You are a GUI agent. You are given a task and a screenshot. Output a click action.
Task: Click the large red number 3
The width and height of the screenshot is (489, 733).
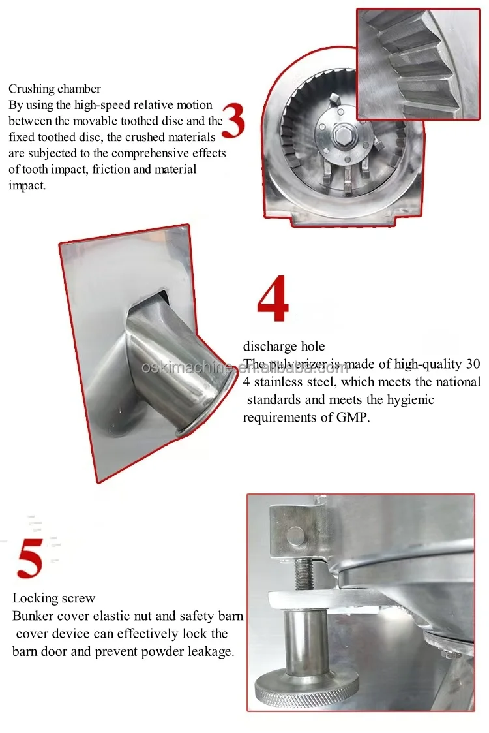(x=233, y=121)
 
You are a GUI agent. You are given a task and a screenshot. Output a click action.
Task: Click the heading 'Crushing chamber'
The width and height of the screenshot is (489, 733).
(x=55, y=89)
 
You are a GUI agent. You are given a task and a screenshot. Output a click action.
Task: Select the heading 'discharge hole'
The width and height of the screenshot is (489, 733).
(x=284, y=347)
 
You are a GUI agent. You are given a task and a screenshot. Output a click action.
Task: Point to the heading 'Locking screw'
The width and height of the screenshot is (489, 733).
(x=53, y=599)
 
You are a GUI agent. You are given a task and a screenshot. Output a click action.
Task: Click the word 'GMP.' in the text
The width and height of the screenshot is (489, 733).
(x=353, y=417)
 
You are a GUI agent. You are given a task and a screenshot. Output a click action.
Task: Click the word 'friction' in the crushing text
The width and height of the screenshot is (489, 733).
(x=111, y=169)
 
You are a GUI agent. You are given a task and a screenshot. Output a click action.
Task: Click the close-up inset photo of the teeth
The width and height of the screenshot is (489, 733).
(x=418, y=64)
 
